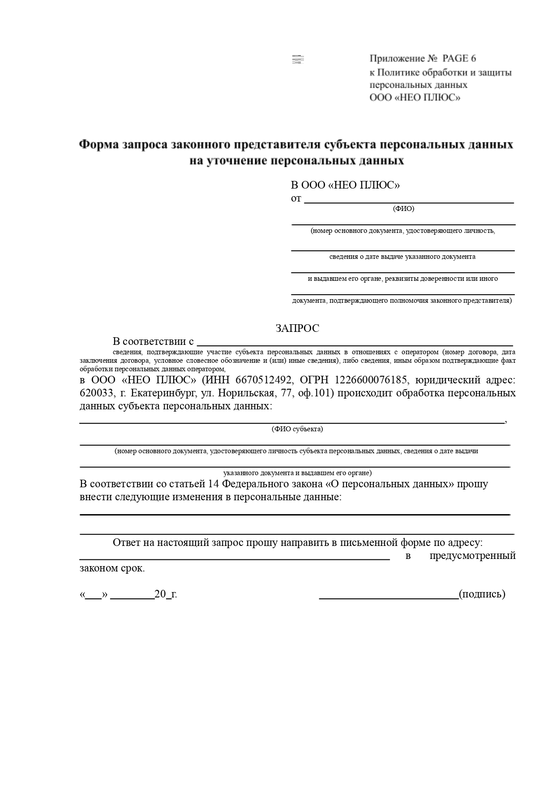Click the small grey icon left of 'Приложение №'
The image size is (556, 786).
coord(298,59)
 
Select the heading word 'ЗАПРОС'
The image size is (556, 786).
coord(297,328)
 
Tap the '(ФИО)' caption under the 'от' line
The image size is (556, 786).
coord(403,209)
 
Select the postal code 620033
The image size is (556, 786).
coord(95,393)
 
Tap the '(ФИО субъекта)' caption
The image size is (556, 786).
coord(297,429)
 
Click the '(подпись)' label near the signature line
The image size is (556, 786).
coord(482,594)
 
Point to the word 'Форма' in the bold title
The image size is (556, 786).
coord(99,145)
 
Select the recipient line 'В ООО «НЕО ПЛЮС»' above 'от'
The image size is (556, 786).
coord(345,185)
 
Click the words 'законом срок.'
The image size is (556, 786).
coord(112,568)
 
